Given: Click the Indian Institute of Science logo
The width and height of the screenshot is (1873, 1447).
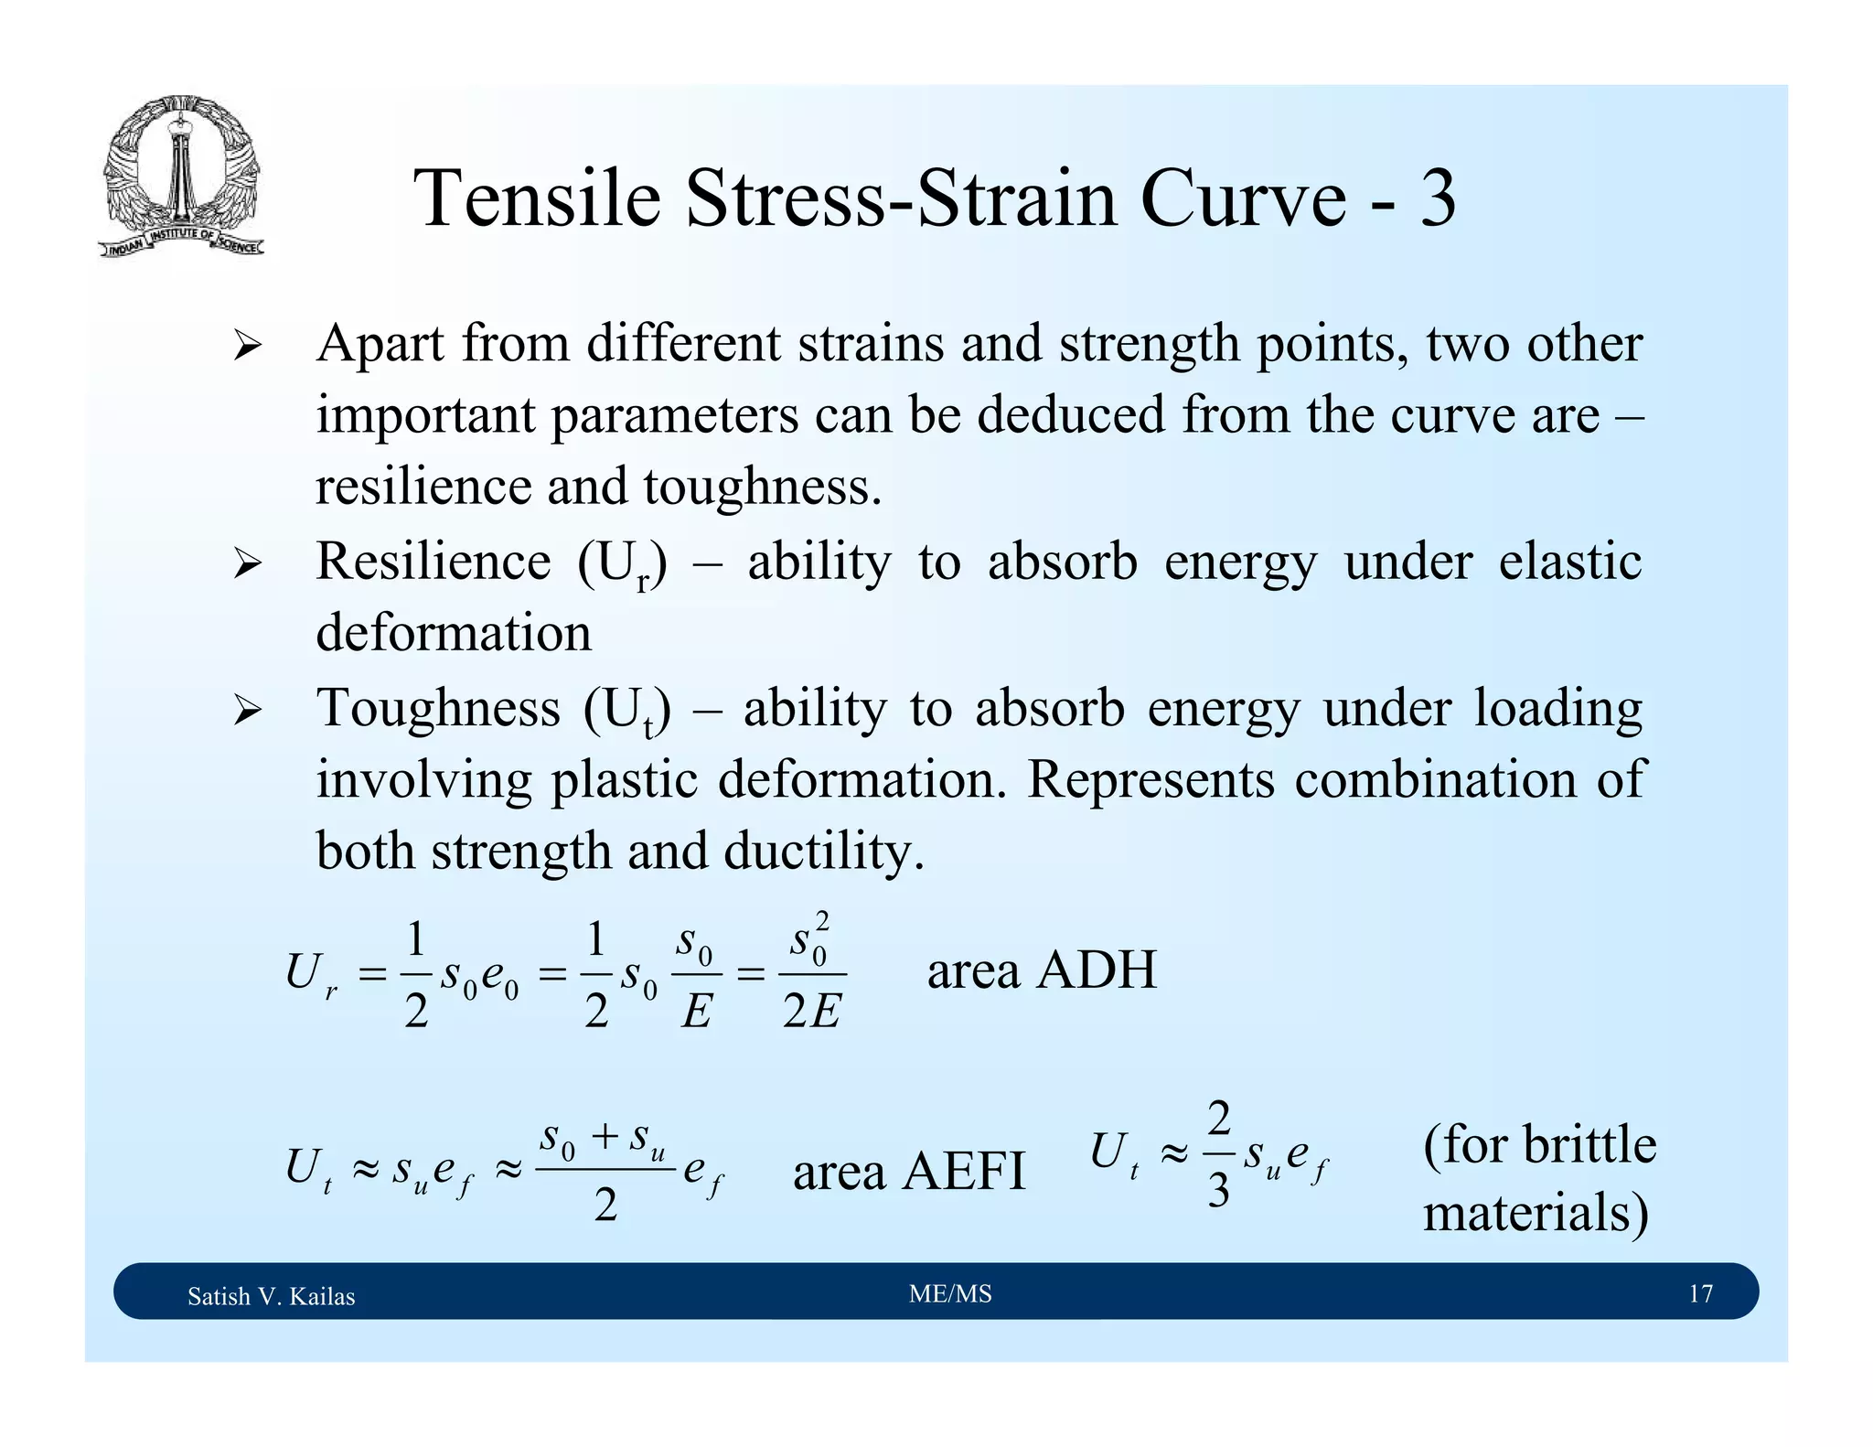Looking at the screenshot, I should coord(180,176).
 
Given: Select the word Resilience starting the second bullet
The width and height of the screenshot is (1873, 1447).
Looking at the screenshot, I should coord(433,561).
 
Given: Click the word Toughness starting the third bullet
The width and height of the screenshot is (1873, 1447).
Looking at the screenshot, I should coord(438,708).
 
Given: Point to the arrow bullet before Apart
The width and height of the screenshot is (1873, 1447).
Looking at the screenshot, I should coord(247,347).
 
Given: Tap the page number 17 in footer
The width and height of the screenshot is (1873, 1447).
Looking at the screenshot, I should coord(1700,1293).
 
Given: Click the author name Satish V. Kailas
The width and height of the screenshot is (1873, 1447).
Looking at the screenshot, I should coord(271,1296).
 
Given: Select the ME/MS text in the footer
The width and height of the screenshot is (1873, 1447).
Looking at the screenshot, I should coord(950,1293).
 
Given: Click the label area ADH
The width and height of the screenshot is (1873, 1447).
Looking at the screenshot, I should coord(1042,970).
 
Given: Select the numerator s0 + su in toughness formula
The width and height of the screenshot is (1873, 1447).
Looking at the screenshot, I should coord(603,1140).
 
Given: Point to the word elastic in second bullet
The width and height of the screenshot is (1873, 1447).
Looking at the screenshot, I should coord(1569,561).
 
